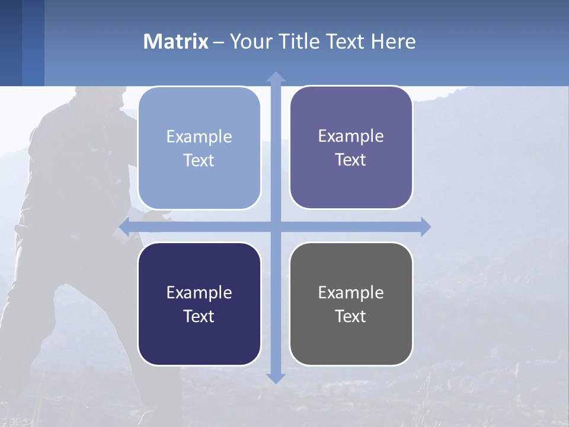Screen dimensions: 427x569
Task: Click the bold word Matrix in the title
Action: pos(176,42)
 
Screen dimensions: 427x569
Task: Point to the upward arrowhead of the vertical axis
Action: pos(275,77)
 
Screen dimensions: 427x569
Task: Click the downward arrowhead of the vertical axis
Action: pos(275,378)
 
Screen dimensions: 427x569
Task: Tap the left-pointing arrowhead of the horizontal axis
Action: pos(124,227)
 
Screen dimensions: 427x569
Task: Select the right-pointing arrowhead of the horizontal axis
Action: pos(426,227)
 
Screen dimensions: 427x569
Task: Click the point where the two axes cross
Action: pos(275,227)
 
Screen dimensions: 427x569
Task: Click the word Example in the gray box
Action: pos(351,292)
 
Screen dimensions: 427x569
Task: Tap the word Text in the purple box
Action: pos(351,160)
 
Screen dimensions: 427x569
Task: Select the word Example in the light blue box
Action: pos(199,136)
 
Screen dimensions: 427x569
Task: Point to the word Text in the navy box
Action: pos(199,316)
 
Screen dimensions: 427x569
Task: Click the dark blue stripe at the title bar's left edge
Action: pos(11,43)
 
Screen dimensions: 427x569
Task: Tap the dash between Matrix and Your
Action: pos(219,42)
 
